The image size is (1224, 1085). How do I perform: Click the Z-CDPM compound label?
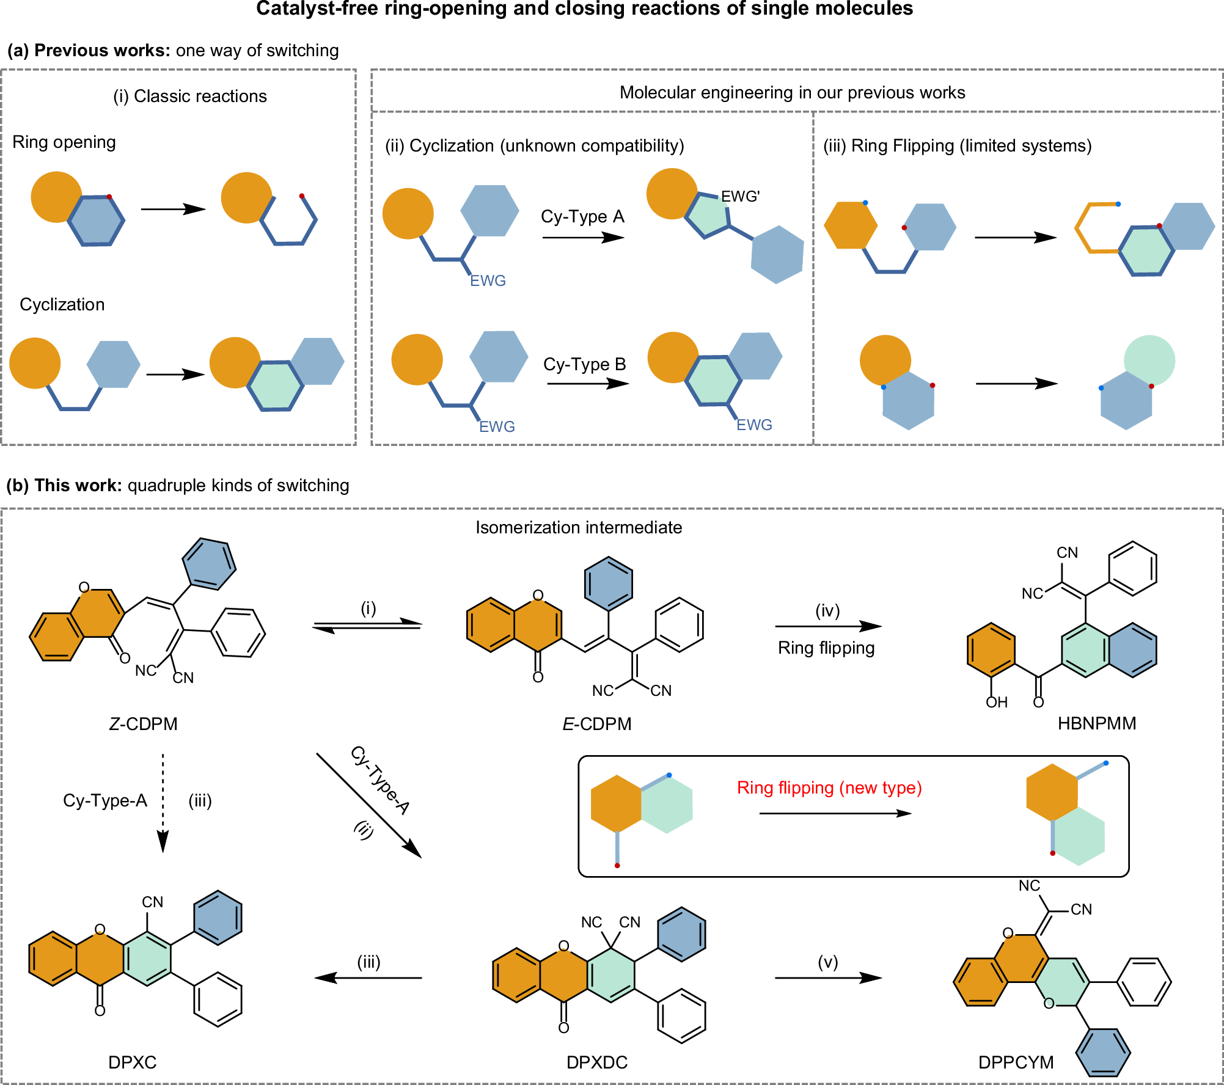click(143, 724)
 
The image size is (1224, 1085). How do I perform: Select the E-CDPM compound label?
click(596, 724)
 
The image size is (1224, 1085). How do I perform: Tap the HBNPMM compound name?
click(1096, 723)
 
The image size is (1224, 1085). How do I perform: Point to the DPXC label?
click(132, 1062)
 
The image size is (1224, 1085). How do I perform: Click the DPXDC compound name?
click(596, 1062)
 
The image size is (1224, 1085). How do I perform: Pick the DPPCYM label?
click(1016, 1062)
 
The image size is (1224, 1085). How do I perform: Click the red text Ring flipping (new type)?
click(829, 787)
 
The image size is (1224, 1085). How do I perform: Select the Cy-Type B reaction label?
click(584, 365)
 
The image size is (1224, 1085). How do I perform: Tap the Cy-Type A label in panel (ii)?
click(582, 217)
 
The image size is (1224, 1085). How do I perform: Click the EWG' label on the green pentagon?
click(740, 197)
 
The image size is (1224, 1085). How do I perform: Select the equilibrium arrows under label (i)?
click(367, 626)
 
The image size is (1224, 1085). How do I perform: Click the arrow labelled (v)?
click(827, 978)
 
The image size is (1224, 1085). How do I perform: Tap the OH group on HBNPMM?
click(996, 703)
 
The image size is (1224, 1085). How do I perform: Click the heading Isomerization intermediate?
click(578, 528)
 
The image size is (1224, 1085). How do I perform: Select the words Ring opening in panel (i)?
click(64, 142)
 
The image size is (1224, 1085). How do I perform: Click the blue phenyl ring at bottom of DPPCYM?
click(1103, 1053)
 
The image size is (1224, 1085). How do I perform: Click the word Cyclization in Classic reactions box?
click(62, 305)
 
